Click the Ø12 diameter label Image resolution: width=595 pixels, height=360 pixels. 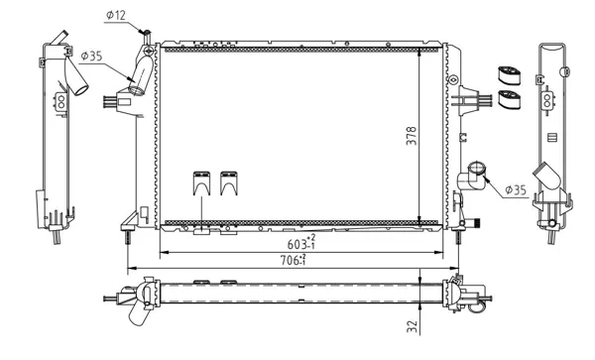coord(116,15)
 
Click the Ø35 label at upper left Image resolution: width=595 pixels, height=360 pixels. coord(91,57)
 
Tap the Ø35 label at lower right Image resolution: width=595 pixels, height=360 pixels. coord(516,189)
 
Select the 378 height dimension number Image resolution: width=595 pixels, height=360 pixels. coord(412,136)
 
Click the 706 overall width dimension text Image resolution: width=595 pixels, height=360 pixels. coord(294,260)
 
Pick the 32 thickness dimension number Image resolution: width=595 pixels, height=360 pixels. coord(413,327)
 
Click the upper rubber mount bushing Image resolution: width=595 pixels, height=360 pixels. coord(509,76)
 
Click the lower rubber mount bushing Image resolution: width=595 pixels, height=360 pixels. coord(509,99)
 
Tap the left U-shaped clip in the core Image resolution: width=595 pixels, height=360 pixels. coord(201,183)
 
